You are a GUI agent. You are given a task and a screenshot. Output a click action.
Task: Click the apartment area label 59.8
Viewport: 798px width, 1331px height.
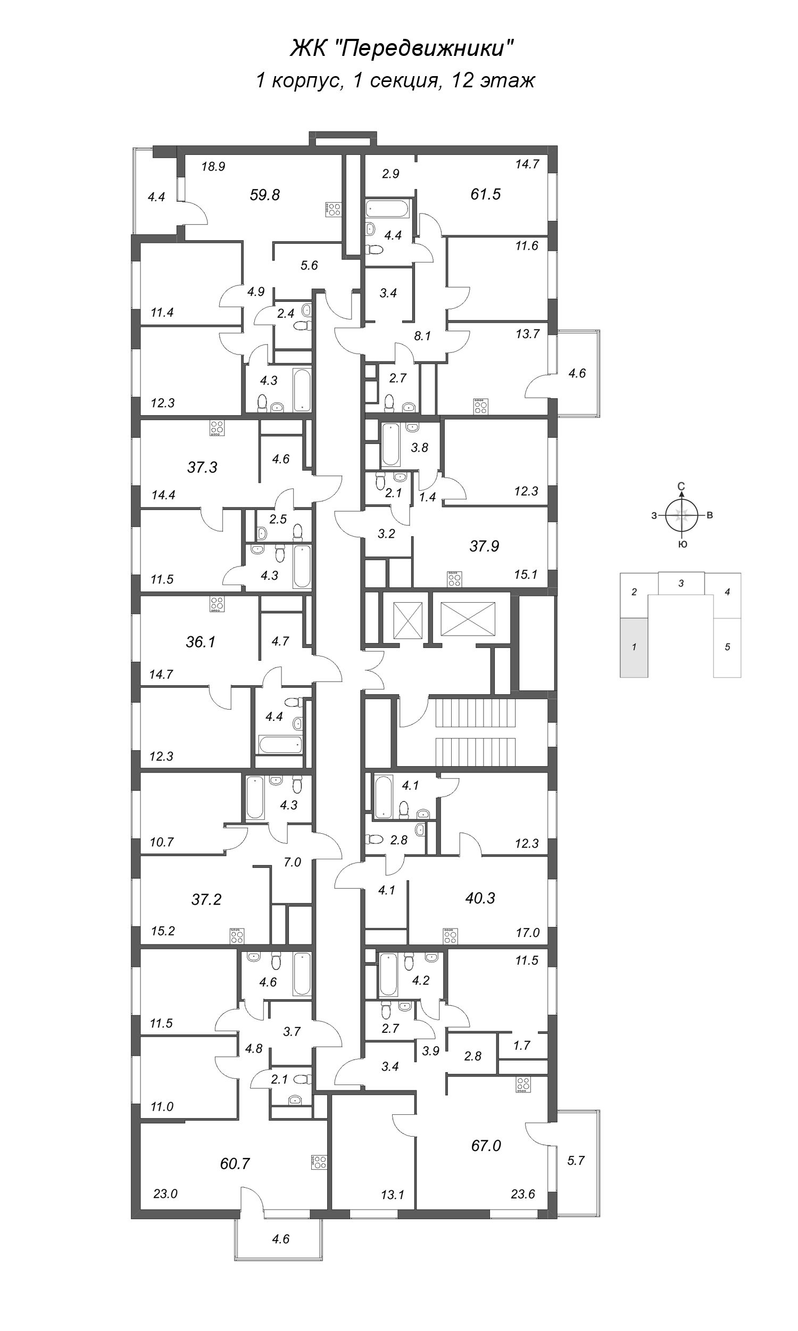[264, 195]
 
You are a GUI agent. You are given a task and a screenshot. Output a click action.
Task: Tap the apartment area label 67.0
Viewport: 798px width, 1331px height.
[486, 1146]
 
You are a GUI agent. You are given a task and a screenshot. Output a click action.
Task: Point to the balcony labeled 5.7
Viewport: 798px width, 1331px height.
[576, 1161]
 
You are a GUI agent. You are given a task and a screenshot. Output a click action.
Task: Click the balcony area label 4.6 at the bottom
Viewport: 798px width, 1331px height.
[281, 1239]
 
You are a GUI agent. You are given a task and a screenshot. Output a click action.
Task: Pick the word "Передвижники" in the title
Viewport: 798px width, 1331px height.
[428, 50]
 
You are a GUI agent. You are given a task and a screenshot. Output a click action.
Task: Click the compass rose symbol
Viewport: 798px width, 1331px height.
[681, 515]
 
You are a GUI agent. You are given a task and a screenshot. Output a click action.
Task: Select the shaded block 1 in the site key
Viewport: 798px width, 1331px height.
[634, 647]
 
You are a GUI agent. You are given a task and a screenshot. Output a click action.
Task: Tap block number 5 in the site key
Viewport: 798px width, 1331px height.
[727, 647]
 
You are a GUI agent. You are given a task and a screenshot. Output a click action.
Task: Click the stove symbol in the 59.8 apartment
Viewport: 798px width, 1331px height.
[334, 209]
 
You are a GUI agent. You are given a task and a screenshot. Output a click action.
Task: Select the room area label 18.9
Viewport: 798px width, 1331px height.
[213, 167]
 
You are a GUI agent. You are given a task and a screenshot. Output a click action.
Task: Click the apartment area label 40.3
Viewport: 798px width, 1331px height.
[480, 898]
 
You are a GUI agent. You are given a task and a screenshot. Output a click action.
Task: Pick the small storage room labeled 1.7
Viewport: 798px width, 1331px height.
[521, 1045]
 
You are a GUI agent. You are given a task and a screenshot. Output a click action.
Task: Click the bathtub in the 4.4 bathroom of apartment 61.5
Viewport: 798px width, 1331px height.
[388, 208]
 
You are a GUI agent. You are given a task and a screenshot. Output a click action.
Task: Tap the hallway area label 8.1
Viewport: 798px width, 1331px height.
[422, 336]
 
